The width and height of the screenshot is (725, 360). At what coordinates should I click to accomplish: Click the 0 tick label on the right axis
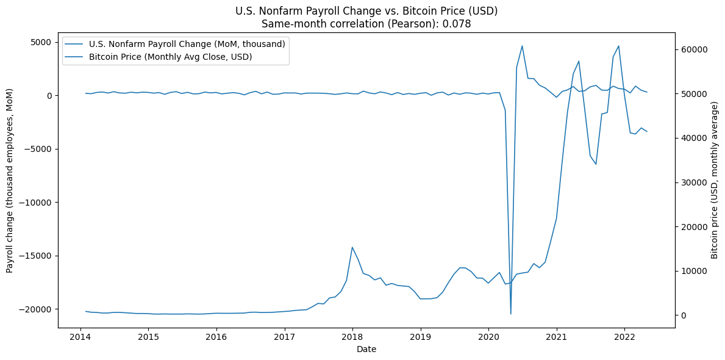click(683, 315)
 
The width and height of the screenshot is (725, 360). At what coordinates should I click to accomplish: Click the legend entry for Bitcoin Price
click(170, 57)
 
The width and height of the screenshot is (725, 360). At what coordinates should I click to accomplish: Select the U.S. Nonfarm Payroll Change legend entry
click(187, 44)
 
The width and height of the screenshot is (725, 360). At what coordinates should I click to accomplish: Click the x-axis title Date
click(366, 350)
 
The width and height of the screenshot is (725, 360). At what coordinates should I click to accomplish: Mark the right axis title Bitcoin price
click(715, 180)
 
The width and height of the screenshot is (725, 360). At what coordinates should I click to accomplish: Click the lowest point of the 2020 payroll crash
click(511, 314)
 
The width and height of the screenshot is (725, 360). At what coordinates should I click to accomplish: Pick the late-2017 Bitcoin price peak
click(352, 247)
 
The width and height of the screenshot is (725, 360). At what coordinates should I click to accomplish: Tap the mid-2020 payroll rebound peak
click(522, 46)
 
